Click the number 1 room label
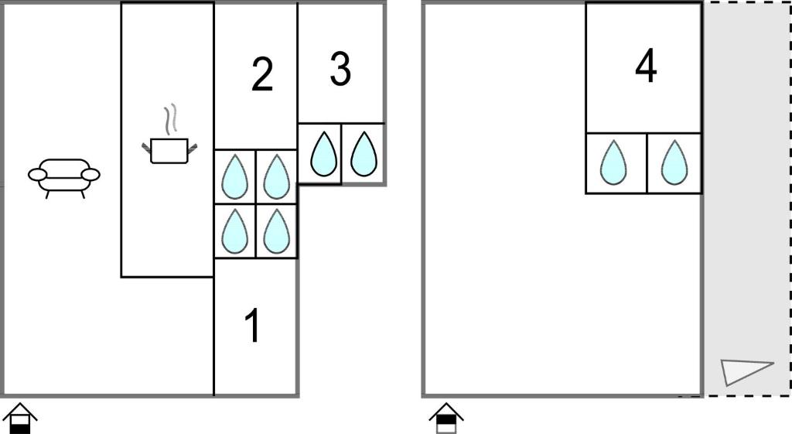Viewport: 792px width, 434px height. tap(253, 326)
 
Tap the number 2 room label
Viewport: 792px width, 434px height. tap(262, 75)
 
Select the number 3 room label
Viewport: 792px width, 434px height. tap(340, 68)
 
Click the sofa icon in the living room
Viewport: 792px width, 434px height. tap(64, 177)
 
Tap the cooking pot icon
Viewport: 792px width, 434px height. tap(169, 150)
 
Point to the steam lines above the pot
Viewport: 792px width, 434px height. tap(172, 119)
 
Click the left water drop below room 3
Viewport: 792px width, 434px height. tap(324, 154)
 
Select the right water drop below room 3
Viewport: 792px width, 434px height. tap(364, 154)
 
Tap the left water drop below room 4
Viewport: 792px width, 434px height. tap(613, 162)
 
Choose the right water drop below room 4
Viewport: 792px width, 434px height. tap(674, 162)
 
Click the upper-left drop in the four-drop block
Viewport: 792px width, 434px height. tap(235, 177)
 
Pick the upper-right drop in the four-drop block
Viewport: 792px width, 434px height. tap(276, 177)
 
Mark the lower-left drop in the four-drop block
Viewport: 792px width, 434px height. tap(235, 231)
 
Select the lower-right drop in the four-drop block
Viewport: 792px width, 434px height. tap(276, 231)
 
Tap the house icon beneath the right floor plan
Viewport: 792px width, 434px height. tap(446, 419)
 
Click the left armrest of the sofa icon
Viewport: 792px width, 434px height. tap(37, 175)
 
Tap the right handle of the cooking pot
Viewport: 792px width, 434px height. tap(193, 147)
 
